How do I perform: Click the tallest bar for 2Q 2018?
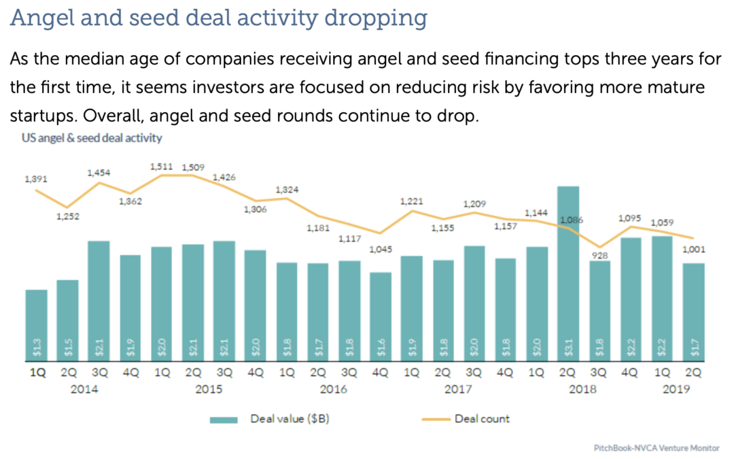(567, 272)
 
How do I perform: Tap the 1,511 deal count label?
(161, 167)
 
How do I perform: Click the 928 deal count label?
(599, 256)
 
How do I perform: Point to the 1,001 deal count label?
(693, 250)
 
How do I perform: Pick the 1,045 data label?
(381, 250)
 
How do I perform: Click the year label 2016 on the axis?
(334, 389)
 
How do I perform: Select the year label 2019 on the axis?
(676, 389)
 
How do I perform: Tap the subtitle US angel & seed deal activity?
(86, 138)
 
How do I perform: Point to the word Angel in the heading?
(41, 18)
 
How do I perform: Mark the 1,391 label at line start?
(35, 179)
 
